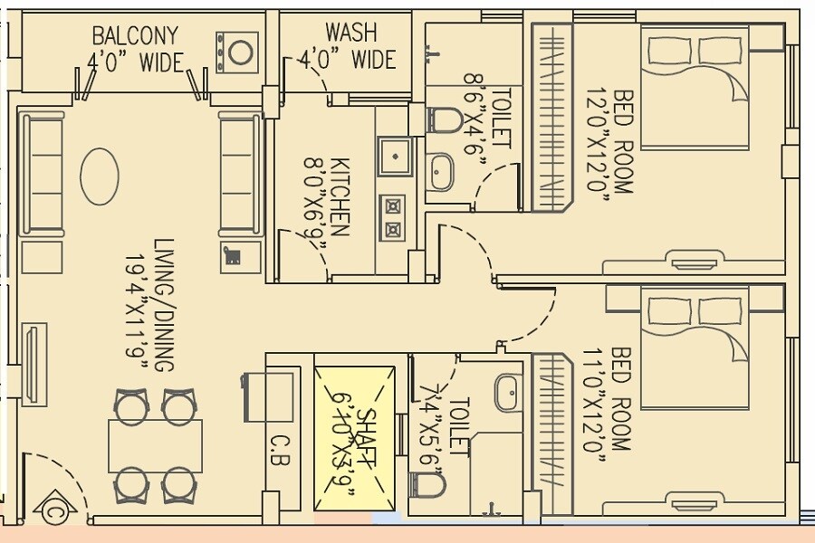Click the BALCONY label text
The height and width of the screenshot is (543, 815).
click(x=135, y=36)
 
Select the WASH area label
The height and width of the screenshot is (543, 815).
click(x=350, y=33)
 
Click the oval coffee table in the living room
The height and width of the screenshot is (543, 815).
click(x=100, y=176)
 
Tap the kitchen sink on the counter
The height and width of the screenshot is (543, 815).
click(x=396, y=159)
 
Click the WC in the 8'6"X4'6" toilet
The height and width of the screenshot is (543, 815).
click(x=443, y=119)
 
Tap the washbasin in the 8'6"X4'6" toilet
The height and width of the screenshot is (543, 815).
click(x=440, y=171)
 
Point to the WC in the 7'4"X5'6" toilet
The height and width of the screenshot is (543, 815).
click(x=428, y=486)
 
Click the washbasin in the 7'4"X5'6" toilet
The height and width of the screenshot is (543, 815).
click(x=508, y=392)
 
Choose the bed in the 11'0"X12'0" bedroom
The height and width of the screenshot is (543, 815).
click(x=695, y=348)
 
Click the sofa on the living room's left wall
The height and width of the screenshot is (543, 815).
click(x=42, y=175)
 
